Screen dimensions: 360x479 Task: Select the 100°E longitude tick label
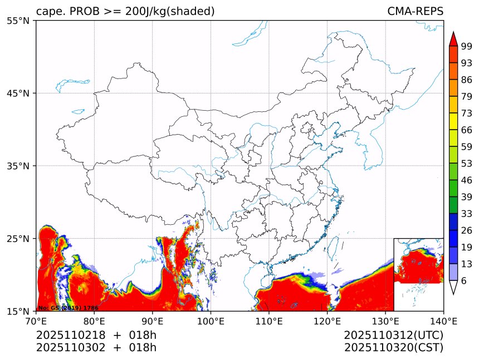pos(211,320)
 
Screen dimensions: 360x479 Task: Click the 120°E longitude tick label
pos(327,320)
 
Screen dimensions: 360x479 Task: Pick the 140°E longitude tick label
pos(443,320)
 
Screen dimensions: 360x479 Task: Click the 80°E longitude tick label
pos(94,320)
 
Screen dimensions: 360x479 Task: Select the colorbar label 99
pos(466,47)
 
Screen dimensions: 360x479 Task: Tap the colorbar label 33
pos(466,214)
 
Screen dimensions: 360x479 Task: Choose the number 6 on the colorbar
pos(463,280)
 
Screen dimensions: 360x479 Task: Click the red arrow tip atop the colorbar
pos(453,38)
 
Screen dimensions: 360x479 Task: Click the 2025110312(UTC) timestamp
pos(393,335)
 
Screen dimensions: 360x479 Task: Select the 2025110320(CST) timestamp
pos(393,348)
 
